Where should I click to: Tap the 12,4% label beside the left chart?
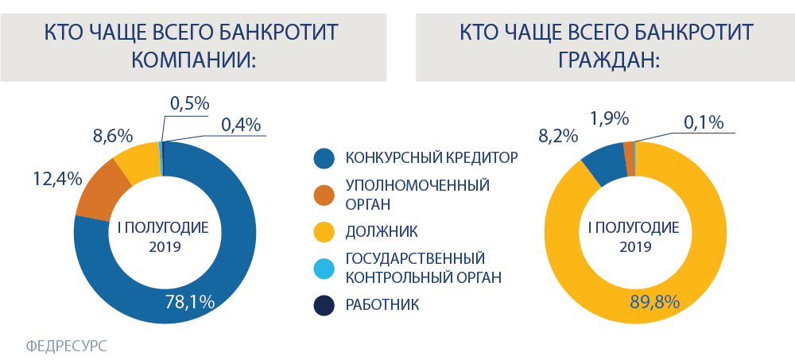coord(57,179)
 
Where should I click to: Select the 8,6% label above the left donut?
coord(113,136)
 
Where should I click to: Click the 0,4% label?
coord(241,124)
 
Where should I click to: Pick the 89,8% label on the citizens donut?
coord(654,302)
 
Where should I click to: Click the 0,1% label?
coord(703,123)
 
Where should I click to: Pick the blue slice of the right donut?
coord(605,162)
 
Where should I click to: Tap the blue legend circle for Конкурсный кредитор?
coord(324,157)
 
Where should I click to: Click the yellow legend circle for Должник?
coord(324,232)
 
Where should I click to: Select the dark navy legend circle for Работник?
coord(324,305)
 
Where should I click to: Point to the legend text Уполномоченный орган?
coord(417,194)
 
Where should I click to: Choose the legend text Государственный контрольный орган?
coord(424,269)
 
